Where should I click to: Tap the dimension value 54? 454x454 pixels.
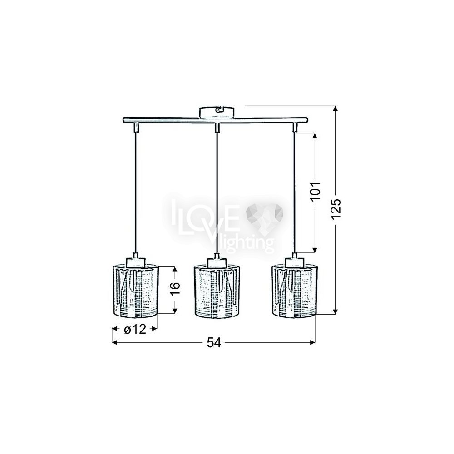pyautogui.click(x=214, y=342)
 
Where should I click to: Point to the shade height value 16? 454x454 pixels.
pyautogui.click(x=175, y=288)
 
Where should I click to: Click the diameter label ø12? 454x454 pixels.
pyautogui.click(x=135, y=329)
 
